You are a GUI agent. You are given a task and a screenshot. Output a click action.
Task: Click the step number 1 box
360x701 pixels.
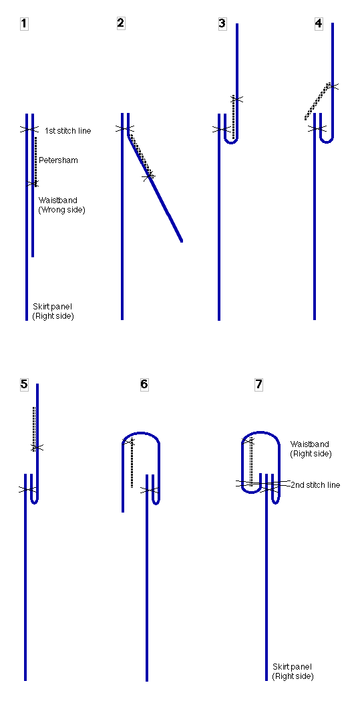point(24,24)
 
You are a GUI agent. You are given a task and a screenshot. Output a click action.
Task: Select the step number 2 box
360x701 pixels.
point(121,23)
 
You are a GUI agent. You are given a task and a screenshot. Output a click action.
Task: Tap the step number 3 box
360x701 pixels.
point(222,23)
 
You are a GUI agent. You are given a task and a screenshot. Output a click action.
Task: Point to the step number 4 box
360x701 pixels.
point(319,23)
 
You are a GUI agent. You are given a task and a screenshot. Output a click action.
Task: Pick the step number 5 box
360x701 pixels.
point(24,384)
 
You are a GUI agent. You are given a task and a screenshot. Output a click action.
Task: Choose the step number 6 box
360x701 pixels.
point(144,384)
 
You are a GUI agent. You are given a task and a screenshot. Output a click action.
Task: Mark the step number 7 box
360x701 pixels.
point(258,384)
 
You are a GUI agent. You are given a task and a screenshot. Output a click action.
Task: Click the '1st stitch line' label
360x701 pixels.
point(68,131)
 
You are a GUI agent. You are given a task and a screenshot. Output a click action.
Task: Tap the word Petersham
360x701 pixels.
point(58,160)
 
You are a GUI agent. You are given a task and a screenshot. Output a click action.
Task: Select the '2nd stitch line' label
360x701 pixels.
point(315,485)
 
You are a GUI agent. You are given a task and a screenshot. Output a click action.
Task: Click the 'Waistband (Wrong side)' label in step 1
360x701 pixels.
point(61,204)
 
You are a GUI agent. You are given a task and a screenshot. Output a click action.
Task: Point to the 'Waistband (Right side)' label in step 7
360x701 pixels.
point(311,448)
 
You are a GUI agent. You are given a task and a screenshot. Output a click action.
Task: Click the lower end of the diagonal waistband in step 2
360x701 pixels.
point(181,241)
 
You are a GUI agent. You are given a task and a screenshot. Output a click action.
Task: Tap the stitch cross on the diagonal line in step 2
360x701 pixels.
point(149,176)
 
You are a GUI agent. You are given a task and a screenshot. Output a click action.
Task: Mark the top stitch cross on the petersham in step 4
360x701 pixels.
point(330,86)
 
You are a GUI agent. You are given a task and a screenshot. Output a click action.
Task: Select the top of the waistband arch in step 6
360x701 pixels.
point(141,433)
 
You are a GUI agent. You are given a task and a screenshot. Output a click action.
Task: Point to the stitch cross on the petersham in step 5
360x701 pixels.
point(36,447)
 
